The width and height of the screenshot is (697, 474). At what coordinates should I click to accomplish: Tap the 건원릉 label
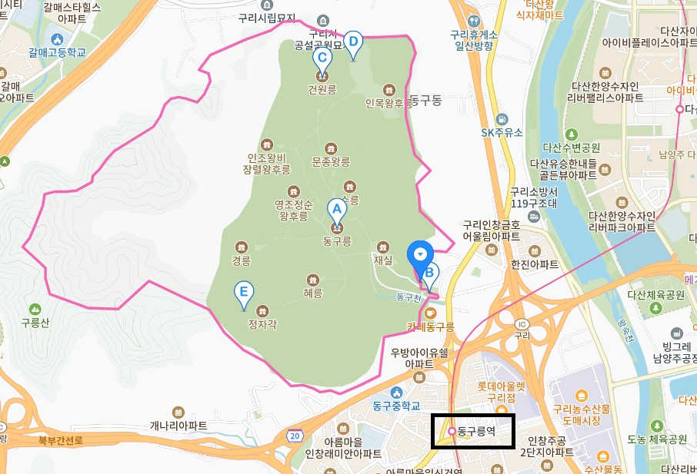tap(322, 89)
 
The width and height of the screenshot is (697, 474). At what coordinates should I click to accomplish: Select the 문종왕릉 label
tap(331, 162)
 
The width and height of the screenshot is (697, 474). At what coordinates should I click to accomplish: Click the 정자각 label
tap(262, 324)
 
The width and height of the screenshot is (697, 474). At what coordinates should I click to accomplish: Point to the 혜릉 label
tap(313, 293)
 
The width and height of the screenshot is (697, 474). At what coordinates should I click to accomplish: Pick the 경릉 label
tap(242, 260)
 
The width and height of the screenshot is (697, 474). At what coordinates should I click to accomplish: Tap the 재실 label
tap(383, 260)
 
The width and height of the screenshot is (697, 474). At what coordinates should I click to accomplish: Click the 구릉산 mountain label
tap(35, 323)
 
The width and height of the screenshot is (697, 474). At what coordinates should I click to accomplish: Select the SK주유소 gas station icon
tap(502, 120)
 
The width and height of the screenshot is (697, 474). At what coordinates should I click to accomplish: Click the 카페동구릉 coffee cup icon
tap(430, 313)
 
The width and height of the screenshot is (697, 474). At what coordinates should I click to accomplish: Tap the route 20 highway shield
tap(295, 436)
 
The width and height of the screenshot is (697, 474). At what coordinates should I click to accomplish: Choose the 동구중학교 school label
tap(399, 406)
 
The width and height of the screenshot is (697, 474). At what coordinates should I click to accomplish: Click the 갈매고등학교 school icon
tap(56, 39)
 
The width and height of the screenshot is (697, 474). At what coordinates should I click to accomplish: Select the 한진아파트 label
tap(534, 264)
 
